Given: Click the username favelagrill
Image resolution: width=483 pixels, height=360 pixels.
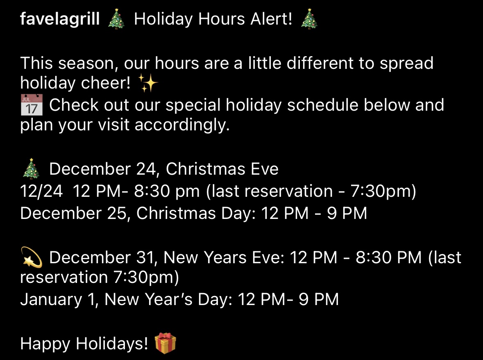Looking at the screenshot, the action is (60, 19).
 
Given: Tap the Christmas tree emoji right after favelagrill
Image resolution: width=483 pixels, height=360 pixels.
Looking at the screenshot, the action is (116, 19).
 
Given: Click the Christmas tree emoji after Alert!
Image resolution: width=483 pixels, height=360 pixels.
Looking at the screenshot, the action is (309, 19).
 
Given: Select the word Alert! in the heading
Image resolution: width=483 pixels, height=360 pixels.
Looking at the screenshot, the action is (271, 19).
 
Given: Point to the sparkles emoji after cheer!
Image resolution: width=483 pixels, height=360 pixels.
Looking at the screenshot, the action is (148, 83).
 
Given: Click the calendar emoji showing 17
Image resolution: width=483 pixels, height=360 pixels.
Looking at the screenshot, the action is (32, 105).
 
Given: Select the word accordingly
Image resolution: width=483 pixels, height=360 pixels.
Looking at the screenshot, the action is (182, 125).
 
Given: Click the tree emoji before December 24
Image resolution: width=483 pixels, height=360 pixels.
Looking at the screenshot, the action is (31, 169).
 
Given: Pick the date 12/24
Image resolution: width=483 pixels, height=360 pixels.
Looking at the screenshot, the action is (42, 191).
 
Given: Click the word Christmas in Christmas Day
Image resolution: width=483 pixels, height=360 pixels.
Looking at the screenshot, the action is (176, 213).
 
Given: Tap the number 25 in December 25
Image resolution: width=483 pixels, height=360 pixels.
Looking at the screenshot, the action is (117, 213).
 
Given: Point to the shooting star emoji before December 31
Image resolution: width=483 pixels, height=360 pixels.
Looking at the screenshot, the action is (32, 257).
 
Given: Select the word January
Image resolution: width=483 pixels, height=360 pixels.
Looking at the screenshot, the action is (51, 300).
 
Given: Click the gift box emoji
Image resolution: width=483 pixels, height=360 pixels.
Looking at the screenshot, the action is (166, 343).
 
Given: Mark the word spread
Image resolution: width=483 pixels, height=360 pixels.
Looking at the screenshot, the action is (406, 64).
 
